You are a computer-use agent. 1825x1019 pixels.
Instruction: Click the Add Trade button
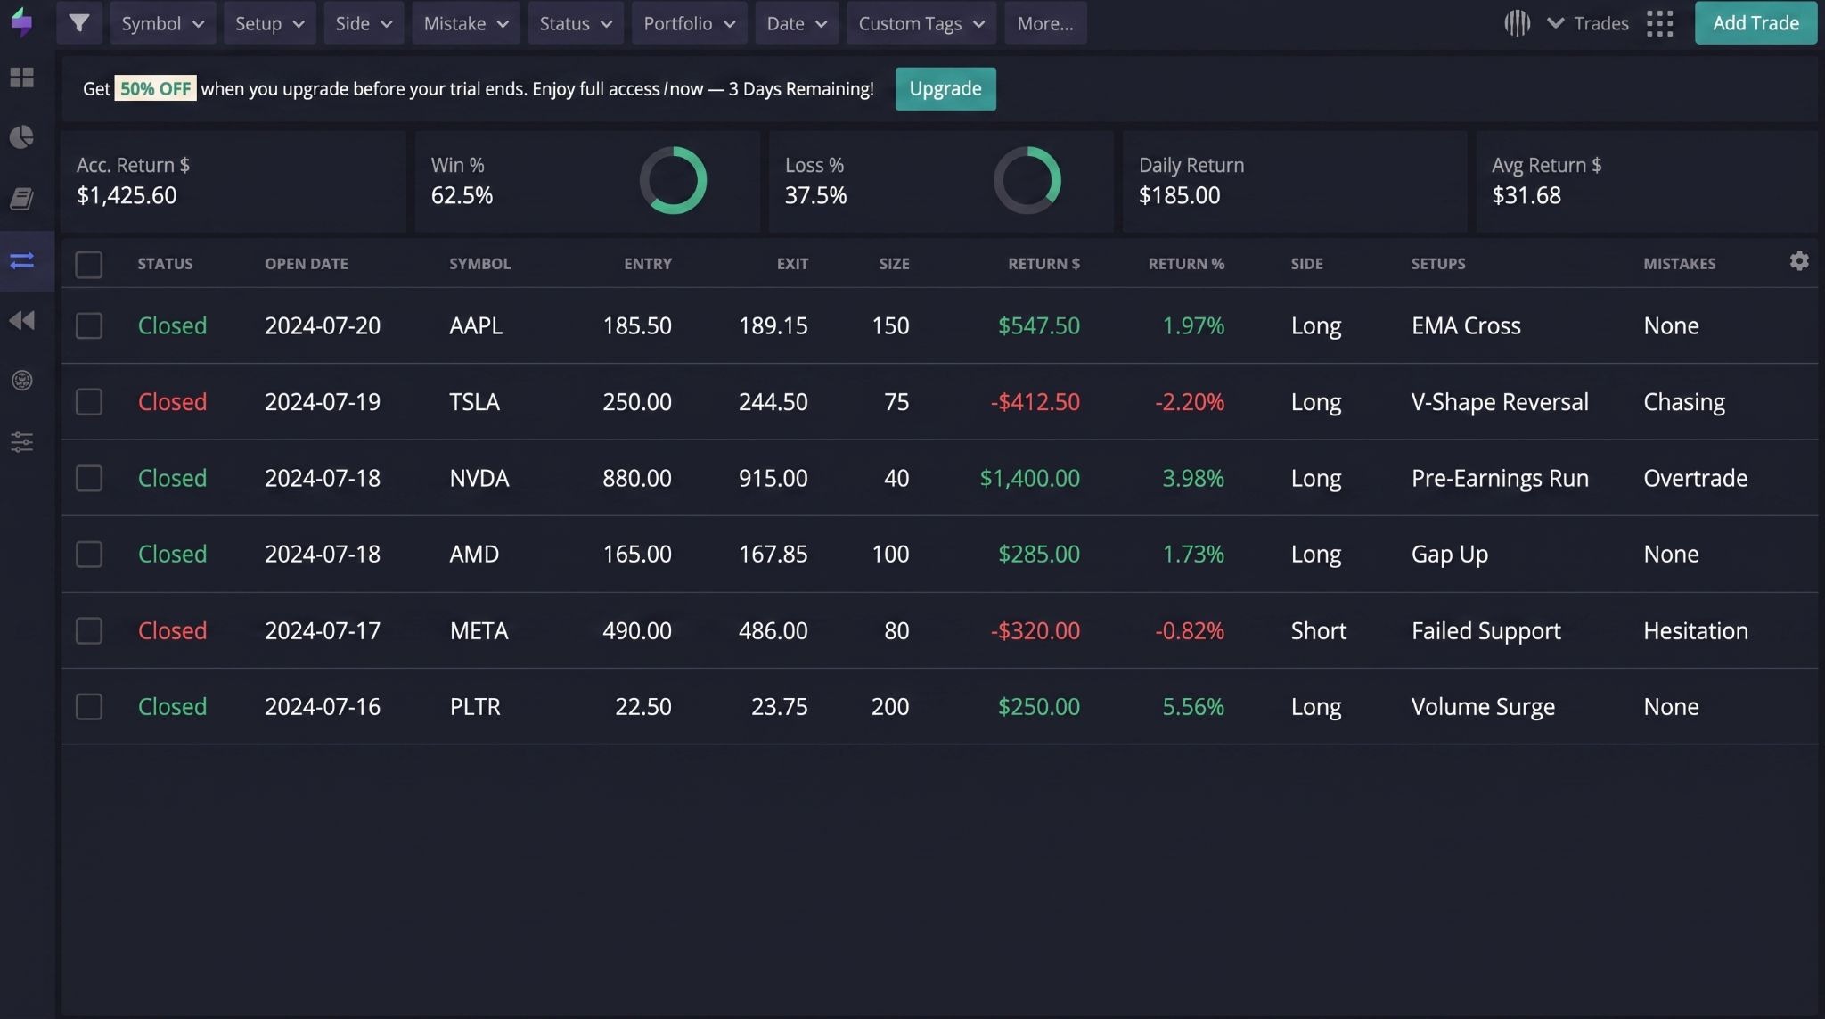[x=1755, y=23]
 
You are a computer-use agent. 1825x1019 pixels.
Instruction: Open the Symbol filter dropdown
[x=162, y=23]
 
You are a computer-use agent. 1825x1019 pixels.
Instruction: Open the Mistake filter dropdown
[x=465, y=23]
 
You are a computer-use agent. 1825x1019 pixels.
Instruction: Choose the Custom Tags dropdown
[x=921, y=23]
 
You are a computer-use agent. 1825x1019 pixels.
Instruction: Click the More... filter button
[x=1045, y=23]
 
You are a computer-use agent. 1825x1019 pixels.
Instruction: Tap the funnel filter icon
[x=79, y=23]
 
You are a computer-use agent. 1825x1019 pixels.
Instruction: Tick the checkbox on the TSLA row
[x=89, y=402]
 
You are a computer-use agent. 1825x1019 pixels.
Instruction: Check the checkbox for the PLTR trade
[x=89, y=707]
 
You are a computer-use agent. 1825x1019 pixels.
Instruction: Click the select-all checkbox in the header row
[x=89, y=265]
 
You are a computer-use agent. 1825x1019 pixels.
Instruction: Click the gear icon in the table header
[x=1799, y=261]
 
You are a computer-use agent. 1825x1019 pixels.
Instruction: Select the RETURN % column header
[x=1186, y=264]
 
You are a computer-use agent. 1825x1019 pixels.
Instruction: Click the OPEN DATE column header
[x=307, y=264]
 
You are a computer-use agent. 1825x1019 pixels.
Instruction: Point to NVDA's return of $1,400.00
[x=1030, y=478]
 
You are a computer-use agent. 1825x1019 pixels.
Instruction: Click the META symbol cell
[x=479, y=631]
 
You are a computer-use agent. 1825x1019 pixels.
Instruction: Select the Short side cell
[x=1319, y=631]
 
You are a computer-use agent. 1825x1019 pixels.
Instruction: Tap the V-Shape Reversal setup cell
[x=1500, y=402]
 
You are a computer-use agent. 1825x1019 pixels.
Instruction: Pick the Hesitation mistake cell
[x=1696, y=631]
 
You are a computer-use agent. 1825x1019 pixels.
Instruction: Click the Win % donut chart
[x=673, y=148]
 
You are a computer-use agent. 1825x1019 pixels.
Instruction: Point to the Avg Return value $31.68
[x=1526, y=195]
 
